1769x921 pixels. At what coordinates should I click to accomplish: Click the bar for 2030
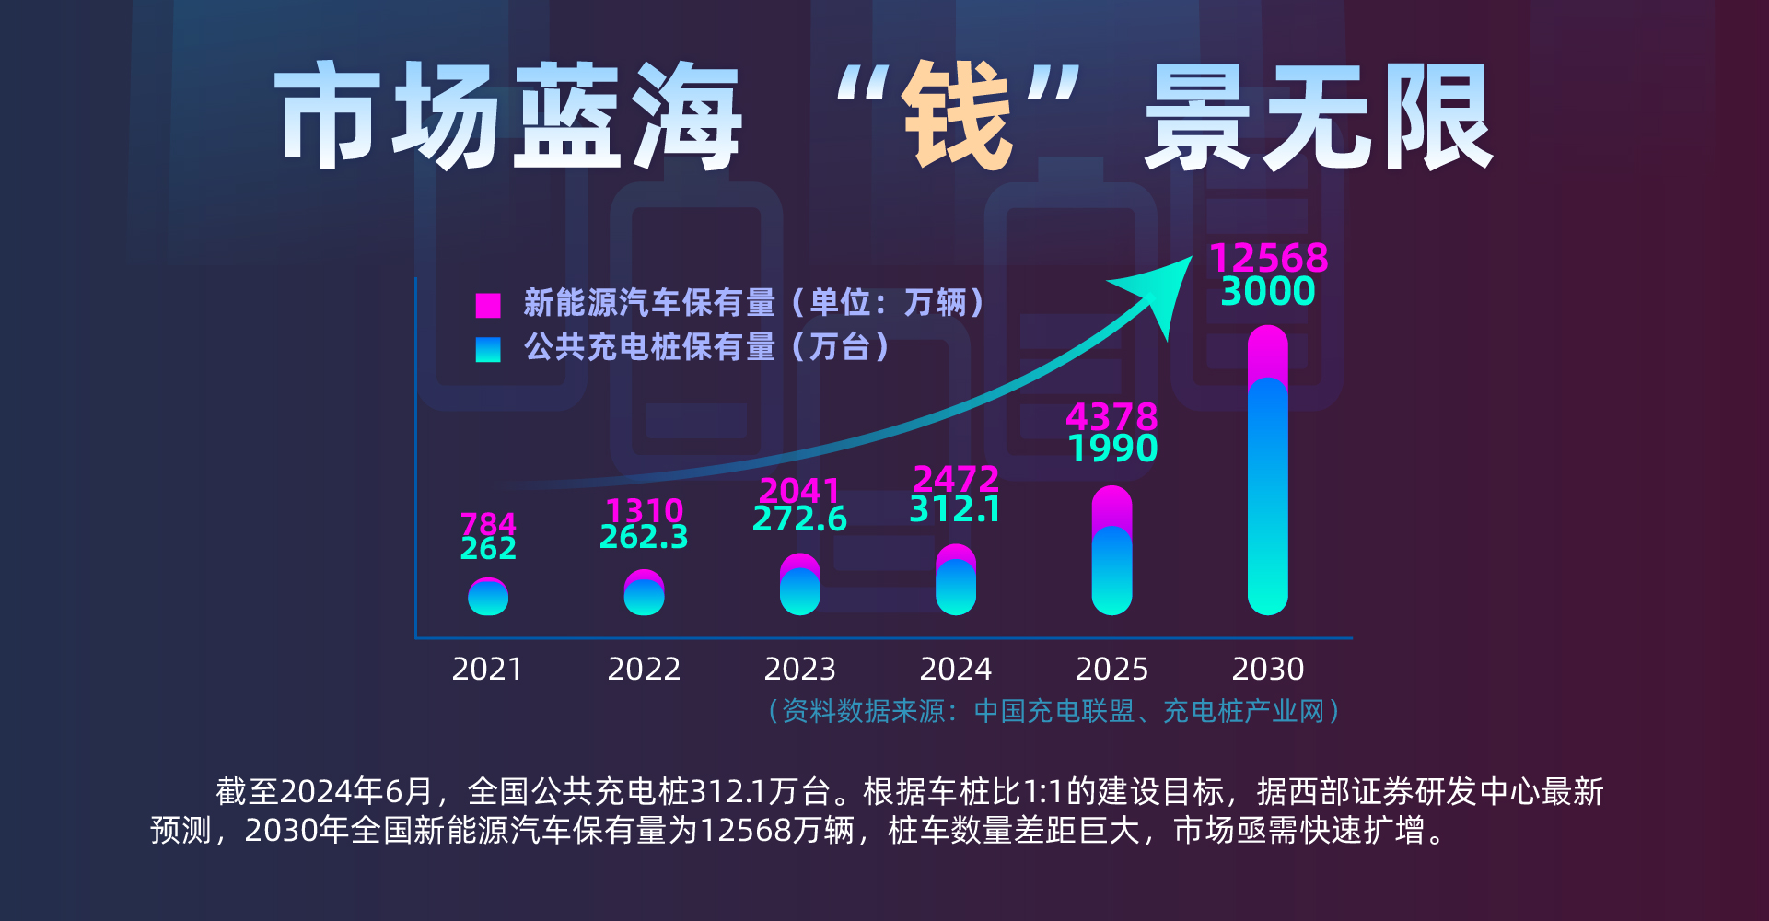[1267, 470]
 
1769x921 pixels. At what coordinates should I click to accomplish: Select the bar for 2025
[1111, 551]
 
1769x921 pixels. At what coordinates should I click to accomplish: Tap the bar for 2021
[488, 597]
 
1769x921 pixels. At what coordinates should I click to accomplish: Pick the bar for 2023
[799, 585]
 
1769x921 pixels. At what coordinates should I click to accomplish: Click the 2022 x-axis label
[644, 669]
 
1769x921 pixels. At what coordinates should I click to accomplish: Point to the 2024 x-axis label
[956, 669]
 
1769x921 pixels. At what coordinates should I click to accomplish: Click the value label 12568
[1268, 258]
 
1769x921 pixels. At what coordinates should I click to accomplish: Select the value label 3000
[1268, 292]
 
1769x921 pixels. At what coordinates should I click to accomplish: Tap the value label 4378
[1111, 417]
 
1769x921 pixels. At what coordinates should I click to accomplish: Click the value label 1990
[1112, 449]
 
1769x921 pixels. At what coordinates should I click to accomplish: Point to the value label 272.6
[799, 519]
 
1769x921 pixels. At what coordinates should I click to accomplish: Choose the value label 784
[488, 523]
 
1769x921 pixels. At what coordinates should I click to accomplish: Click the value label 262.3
[644, 537]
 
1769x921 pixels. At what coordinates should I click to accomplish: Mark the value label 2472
[956, 479]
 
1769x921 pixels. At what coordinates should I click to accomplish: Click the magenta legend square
[488, 305]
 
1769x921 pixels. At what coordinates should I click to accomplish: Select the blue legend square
[488, 349]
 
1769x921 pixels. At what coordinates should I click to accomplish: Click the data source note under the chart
[1053, 711]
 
